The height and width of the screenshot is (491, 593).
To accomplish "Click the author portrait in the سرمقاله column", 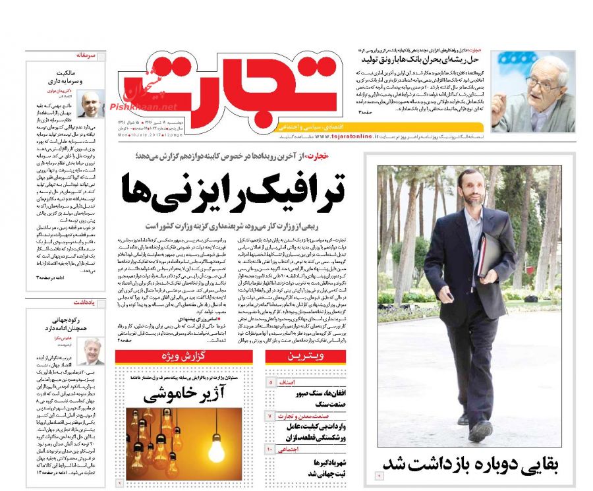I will (90, 103).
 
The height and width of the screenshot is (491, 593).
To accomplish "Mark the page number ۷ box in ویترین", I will (269, 416).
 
